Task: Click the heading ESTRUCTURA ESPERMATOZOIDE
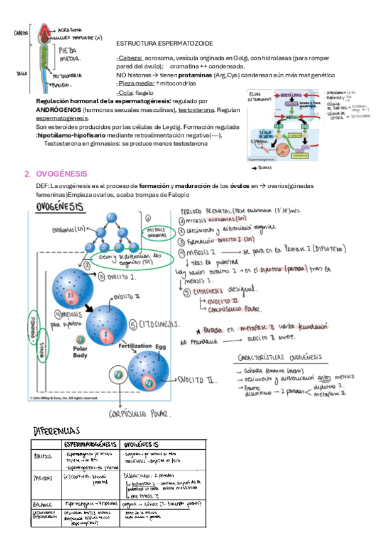coord(165,43)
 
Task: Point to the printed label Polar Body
coord(79,351)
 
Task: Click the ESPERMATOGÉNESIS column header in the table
coord(90,446)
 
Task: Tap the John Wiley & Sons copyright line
coord(63,398)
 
